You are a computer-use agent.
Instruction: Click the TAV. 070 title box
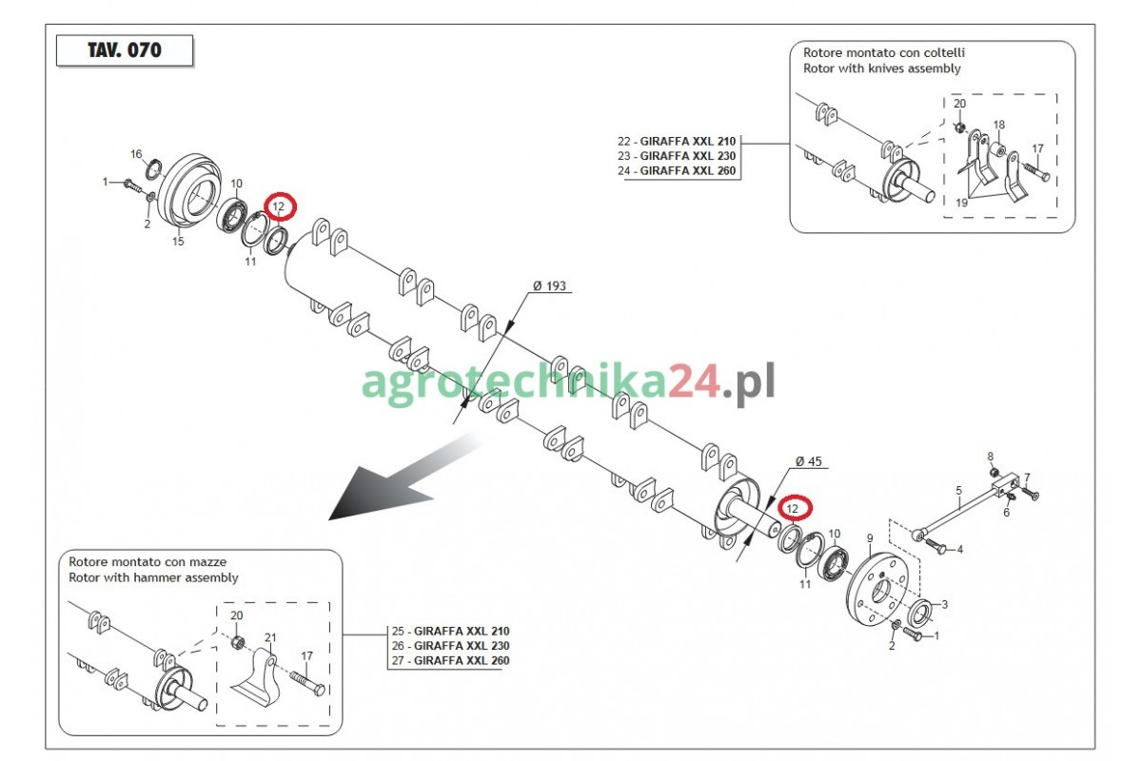coord(125,50)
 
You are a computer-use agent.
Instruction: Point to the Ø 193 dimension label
coord(549,286)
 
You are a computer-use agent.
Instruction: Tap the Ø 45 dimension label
coord(809,461)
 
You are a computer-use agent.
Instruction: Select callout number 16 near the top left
coord(136,154)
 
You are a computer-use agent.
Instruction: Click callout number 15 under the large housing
coord(178,241)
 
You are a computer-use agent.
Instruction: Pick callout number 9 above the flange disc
coord(870,538)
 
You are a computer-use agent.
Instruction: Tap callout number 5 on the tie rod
coord(958,490)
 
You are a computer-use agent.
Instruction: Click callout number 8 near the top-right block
coord(990,457)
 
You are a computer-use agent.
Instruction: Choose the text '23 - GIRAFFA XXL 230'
coord(677,156)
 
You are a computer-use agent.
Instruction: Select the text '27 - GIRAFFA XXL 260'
coord(451,660)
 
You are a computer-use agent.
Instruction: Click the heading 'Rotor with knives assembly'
coord(881,68)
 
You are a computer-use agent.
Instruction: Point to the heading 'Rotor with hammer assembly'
coord(153,577)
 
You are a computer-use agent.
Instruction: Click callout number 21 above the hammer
coord(270,637)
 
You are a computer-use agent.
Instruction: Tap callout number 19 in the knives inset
coord(961,203)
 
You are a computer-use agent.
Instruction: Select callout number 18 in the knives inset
coord(998,125)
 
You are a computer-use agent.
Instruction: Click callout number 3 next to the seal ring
coord(944,604)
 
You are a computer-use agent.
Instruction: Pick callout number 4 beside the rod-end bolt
coord(959,550)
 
